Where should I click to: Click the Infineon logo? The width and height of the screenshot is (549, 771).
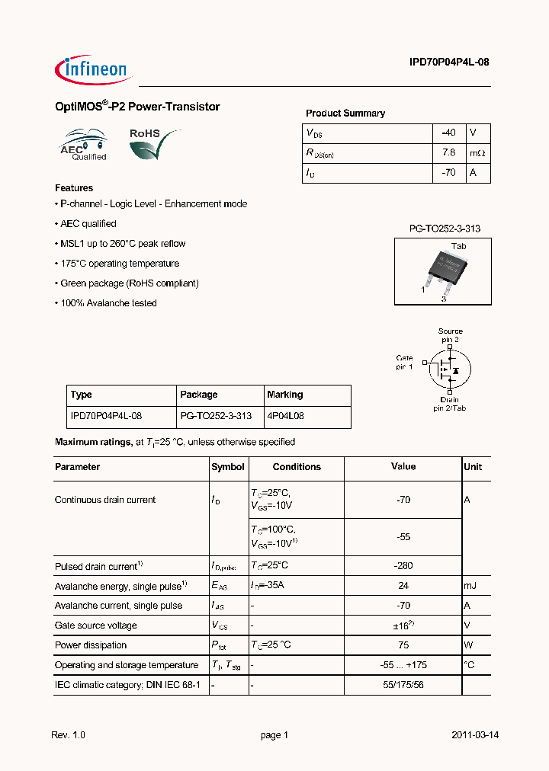94,69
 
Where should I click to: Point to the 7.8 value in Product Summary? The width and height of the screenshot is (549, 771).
448,152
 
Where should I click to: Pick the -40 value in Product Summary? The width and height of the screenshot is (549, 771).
448,133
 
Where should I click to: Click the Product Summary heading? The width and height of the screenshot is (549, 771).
345,113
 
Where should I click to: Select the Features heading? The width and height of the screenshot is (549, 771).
74,187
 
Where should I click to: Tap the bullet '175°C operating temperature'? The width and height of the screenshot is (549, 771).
118,264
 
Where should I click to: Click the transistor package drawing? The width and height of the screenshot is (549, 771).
442,270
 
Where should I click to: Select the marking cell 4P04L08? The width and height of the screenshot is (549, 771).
286,416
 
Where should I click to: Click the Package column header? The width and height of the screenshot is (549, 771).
199,395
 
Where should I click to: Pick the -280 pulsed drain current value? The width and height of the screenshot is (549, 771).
403,566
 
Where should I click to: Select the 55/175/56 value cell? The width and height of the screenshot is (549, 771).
403,685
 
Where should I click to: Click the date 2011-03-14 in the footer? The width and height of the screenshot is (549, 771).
475,735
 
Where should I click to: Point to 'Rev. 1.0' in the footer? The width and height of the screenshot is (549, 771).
69,735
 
